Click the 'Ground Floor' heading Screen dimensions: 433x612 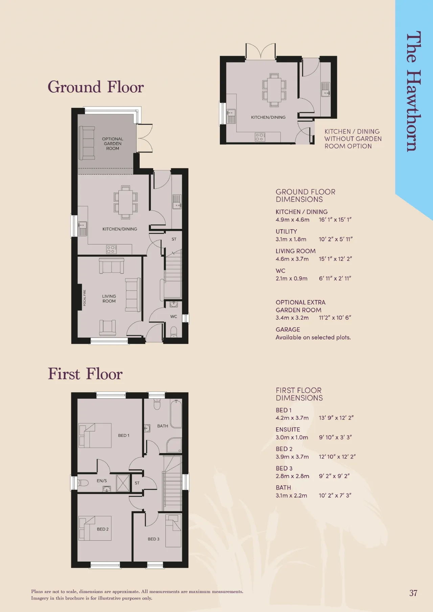pos(96,87)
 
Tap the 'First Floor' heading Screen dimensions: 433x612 pos(85,374)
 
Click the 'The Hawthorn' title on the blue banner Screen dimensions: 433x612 pos(413,91)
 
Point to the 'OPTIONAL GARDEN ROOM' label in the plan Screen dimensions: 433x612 pos(113,144)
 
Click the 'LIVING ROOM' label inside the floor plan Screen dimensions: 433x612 pos(109,299)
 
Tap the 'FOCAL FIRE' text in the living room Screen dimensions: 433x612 pos(85,298)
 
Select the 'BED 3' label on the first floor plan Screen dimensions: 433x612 pos(154,539)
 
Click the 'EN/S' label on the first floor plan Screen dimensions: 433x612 pos(102,480)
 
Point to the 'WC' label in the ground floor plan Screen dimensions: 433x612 pos(174,316)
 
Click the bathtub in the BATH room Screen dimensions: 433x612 pos(176,414)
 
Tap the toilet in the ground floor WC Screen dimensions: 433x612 pos(174,332)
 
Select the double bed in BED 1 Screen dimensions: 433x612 pos(95,436)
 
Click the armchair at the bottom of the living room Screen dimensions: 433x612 pos(108,327)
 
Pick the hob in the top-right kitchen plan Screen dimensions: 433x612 pos(260,137)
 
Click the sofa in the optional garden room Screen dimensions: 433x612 pos(87,143)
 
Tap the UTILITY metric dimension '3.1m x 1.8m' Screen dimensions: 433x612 pos(291,239)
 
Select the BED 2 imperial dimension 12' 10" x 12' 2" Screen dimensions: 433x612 pos(337,456)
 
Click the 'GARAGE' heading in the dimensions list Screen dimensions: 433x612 pos(288,329)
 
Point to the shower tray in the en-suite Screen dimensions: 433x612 pos(123,483)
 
